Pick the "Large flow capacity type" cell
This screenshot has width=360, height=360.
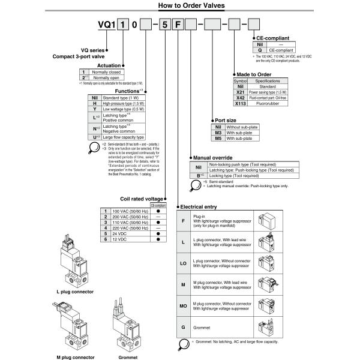[124, 137]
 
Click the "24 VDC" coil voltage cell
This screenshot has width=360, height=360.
[120, 233]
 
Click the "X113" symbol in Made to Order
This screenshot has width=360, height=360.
[240, 103]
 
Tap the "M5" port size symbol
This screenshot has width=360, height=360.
[219, 139]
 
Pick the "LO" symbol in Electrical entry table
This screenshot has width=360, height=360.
[182, 262]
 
